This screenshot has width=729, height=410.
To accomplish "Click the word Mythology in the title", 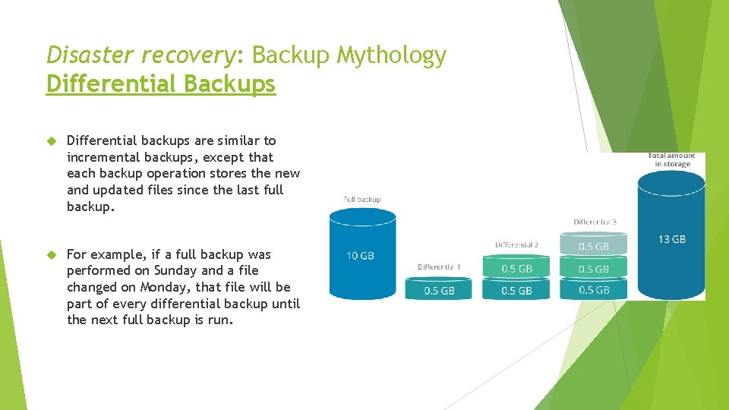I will point(392,55).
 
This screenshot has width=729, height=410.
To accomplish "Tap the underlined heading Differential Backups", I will point(161,84).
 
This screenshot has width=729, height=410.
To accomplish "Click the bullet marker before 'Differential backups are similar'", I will point(52,141).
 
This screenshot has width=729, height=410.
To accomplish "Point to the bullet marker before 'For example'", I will point(52,255).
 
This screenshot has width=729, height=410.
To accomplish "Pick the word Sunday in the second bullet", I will point(175,270).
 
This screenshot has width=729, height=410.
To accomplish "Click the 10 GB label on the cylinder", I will point(360,256).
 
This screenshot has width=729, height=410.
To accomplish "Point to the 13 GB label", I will point(671,239).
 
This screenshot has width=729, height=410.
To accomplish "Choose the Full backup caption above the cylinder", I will point(362,199).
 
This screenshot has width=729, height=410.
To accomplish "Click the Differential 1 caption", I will point(439,267).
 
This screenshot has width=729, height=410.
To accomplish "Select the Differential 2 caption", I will point(516,244).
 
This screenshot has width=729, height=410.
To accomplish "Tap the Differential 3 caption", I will point(595,222).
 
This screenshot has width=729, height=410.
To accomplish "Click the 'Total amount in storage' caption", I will point(672,159).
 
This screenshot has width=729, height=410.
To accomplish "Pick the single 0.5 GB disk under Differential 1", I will point(438,290).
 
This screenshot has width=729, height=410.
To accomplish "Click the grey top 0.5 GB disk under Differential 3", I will point(594,246).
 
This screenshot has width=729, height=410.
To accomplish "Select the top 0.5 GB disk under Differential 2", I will point(516,269).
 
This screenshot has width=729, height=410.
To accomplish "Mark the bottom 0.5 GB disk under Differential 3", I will point(594,290).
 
